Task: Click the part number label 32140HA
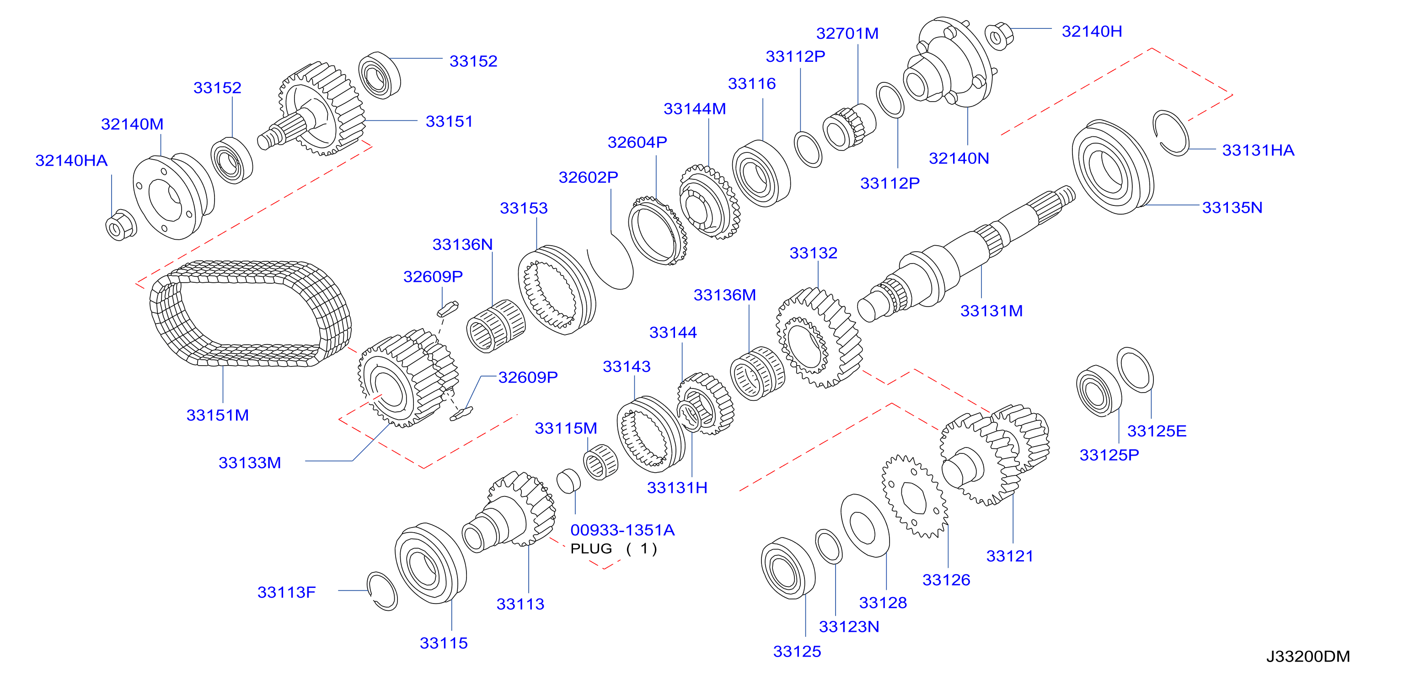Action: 71,161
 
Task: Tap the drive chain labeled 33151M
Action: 164,327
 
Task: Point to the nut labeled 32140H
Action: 999,36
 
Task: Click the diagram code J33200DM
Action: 1308,656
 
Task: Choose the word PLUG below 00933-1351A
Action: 591,549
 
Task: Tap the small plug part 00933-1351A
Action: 568,480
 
